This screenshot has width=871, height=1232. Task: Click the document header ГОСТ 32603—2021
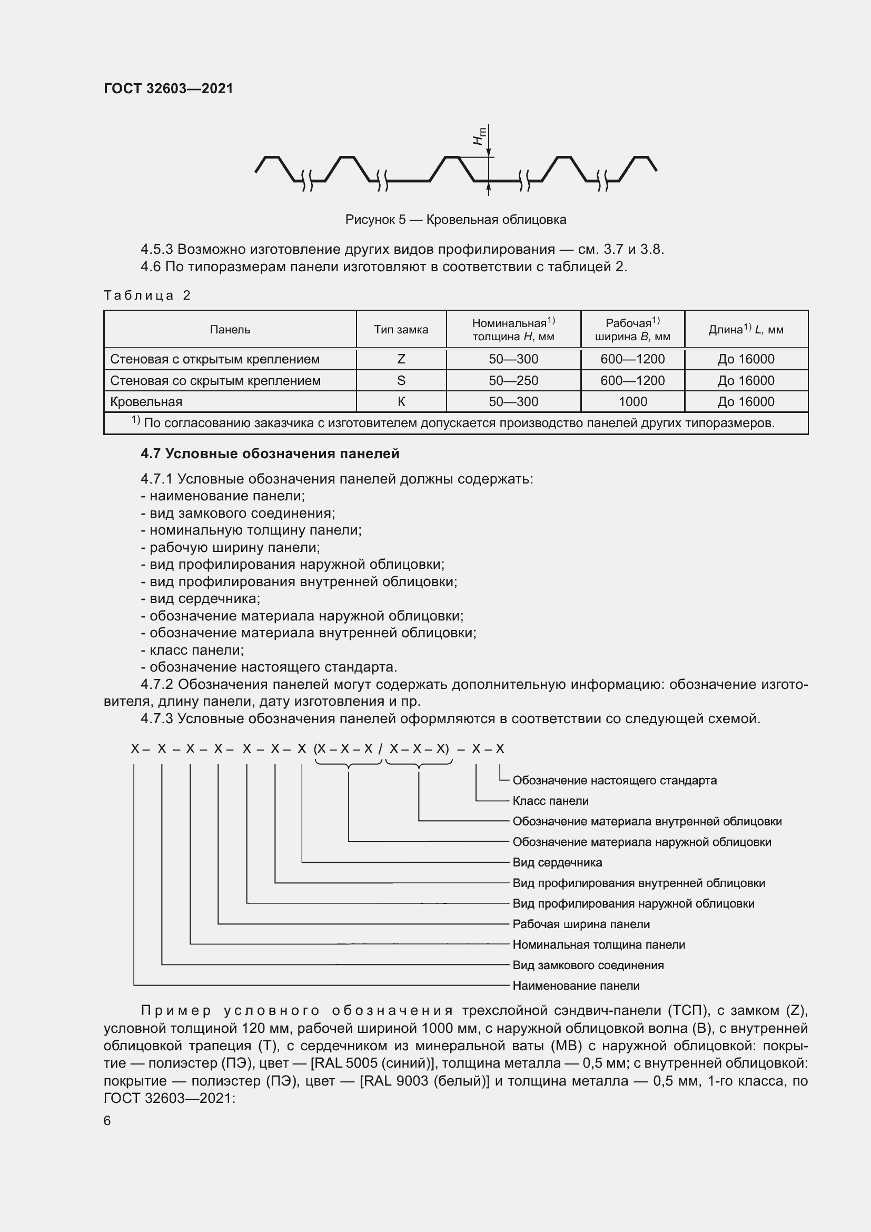[169, 88]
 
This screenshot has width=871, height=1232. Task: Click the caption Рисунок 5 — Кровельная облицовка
[456, 220]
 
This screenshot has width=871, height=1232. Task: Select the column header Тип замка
[401, 329]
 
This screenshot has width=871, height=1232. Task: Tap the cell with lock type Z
[401, 359]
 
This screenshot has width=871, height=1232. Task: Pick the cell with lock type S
[401, 380]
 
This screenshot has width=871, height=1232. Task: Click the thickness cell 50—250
[513, 380]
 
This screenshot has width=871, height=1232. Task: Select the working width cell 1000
[632, 401]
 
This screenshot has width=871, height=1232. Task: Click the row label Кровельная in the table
[146, 401]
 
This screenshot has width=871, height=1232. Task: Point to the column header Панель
[230, 329]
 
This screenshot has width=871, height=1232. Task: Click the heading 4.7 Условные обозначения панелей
[270, 454]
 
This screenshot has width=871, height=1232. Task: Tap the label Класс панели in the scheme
[550, 801]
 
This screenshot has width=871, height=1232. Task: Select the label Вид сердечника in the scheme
[557, 862]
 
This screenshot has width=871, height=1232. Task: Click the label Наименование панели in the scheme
[576, 985]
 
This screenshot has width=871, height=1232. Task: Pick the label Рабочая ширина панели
[581, 923]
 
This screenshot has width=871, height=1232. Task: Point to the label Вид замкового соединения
[588, 965]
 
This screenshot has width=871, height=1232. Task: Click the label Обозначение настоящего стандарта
[614, 780]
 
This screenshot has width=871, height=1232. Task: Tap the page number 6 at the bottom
[107, 1120]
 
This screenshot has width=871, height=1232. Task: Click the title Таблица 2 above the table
[147, 295]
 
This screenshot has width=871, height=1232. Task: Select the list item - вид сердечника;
[201, 598]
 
